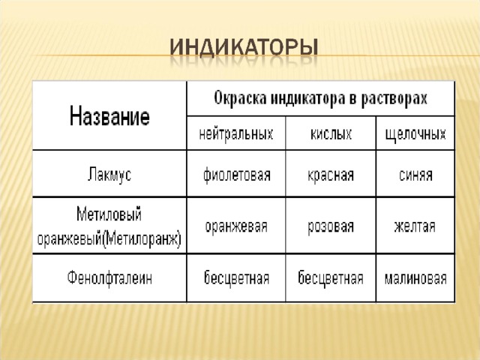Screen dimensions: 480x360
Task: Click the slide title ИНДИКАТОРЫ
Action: (244, 48)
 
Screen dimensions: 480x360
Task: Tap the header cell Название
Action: (109, 116)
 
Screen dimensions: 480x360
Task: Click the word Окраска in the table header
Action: (240, 98)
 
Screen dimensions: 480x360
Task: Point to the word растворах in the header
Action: (394, 99)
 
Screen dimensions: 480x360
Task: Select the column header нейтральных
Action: (236, 134)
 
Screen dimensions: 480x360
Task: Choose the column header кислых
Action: (331, 134)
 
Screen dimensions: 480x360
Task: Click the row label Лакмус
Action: (109, 175)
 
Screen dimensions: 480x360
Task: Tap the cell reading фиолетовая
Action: (237, 175)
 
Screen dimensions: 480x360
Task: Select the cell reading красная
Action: (331, 175)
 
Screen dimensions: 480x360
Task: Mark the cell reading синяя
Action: (415, 175)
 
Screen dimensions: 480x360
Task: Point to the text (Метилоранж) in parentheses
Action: (142, 239)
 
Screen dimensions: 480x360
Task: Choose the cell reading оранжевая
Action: (236, 226)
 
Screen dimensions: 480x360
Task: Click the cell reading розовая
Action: (331, 226)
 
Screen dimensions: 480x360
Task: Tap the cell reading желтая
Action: (415, 226)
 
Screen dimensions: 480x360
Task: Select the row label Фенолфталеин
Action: (109, 277)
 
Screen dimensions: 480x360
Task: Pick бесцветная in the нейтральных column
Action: (236, 278)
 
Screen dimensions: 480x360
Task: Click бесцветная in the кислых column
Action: (331, 278)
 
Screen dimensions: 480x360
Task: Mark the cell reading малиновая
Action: (415, 278)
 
